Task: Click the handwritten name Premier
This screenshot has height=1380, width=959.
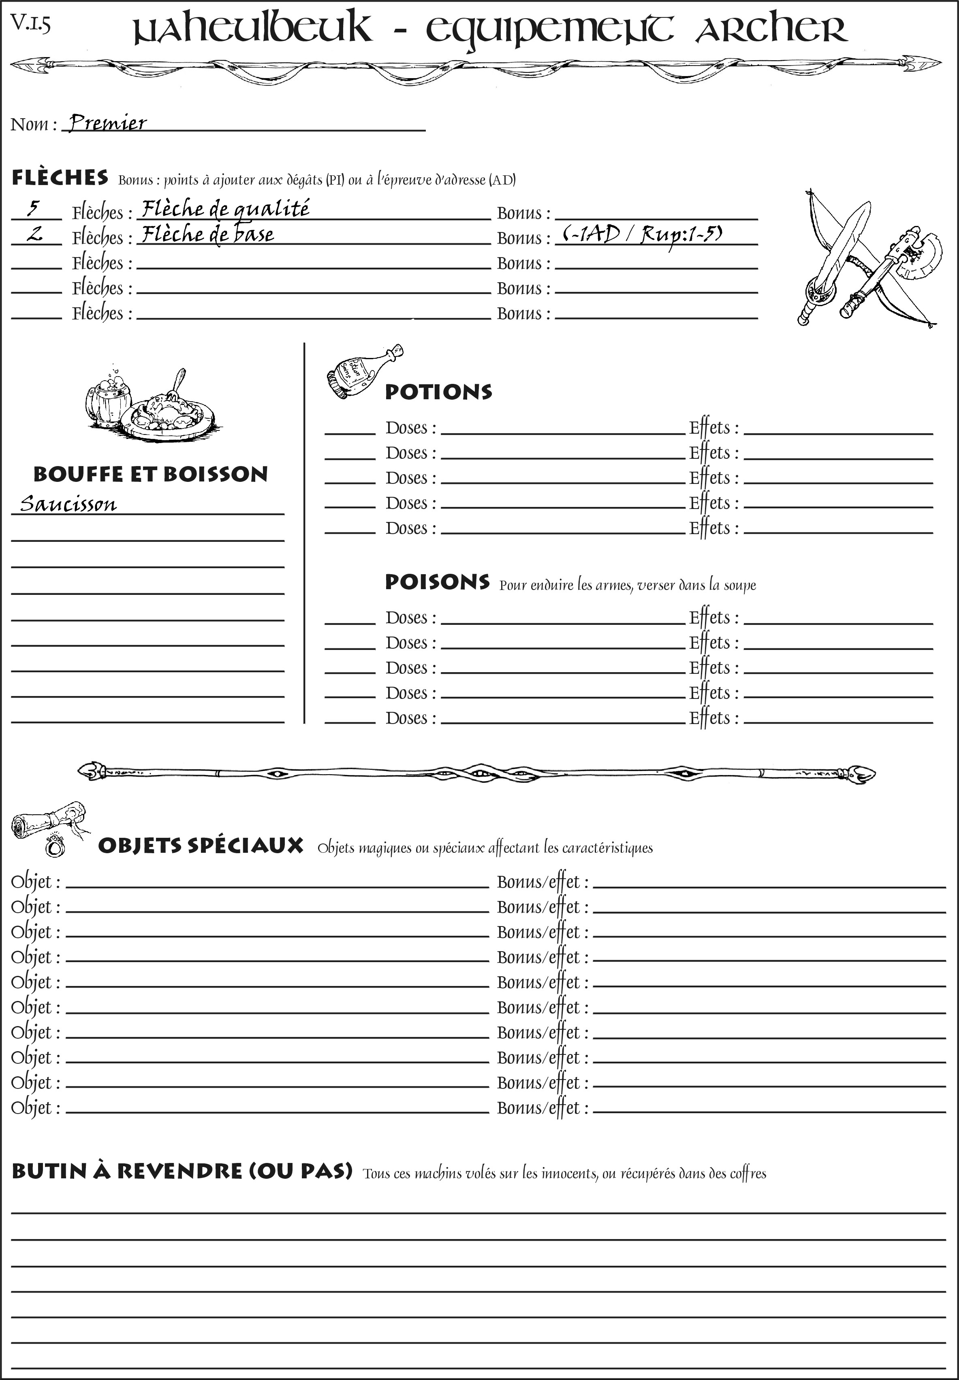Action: [107, 123]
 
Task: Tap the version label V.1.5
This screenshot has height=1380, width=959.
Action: [30, 24]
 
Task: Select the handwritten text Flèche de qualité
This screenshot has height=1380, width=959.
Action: [225, 209]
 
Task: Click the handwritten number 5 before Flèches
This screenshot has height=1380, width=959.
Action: [34, 209]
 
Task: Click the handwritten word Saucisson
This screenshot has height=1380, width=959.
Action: [68, 503]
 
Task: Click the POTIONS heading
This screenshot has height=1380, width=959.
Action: [438, 392]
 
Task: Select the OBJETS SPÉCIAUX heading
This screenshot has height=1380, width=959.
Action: [200, 845]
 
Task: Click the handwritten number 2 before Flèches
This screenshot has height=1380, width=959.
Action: [35, 234]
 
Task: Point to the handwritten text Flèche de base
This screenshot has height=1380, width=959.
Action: [207, 234]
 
